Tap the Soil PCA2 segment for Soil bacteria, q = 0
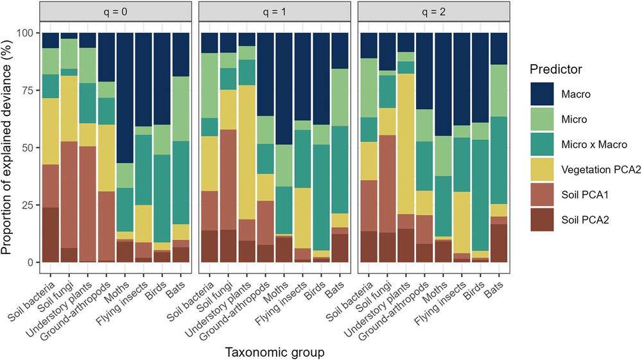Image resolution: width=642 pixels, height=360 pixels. pyautogui.click(x=51, y=234)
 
